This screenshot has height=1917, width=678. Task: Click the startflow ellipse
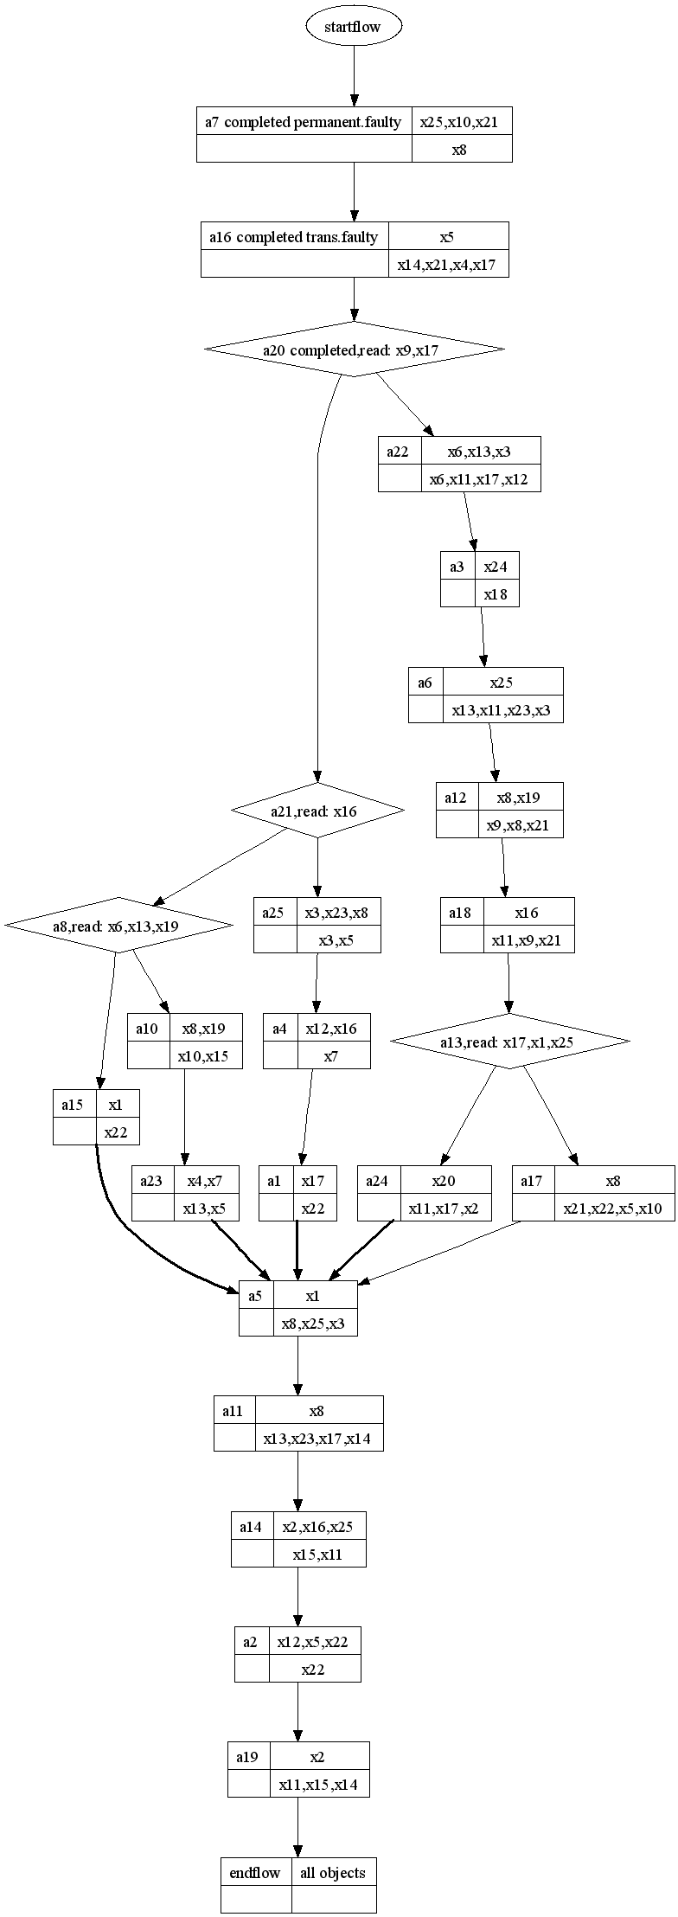point(353,27)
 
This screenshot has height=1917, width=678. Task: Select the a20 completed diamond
point(354,349)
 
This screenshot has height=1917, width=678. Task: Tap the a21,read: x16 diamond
point(317,811)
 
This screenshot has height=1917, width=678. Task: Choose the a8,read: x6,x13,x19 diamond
point(118,926)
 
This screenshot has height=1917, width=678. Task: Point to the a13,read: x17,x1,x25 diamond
point(509,1042)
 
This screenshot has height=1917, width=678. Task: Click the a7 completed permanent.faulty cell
point(304,122)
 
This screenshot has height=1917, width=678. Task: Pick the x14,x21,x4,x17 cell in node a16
point(448,264)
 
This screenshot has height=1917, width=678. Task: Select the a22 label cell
point(399,452)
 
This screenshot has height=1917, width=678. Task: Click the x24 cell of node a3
point(496,567)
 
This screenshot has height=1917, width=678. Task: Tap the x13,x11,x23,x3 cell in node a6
point(502,709)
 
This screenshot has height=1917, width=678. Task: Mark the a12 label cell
point(457,797)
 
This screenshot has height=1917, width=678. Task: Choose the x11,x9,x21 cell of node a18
point(528,939)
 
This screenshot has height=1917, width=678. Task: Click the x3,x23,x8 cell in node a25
point(338,912)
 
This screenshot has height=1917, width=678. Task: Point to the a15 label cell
point(74,1104)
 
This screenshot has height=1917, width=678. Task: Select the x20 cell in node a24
point(445,1180)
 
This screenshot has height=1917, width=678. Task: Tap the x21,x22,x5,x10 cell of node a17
point(614,1208)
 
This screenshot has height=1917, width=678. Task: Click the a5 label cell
point(256,1295)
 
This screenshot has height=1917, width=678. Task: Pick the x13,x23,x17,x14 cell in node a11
point(319,1438)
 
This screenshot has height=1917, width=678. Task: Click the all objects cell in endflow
point(334,1873)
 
